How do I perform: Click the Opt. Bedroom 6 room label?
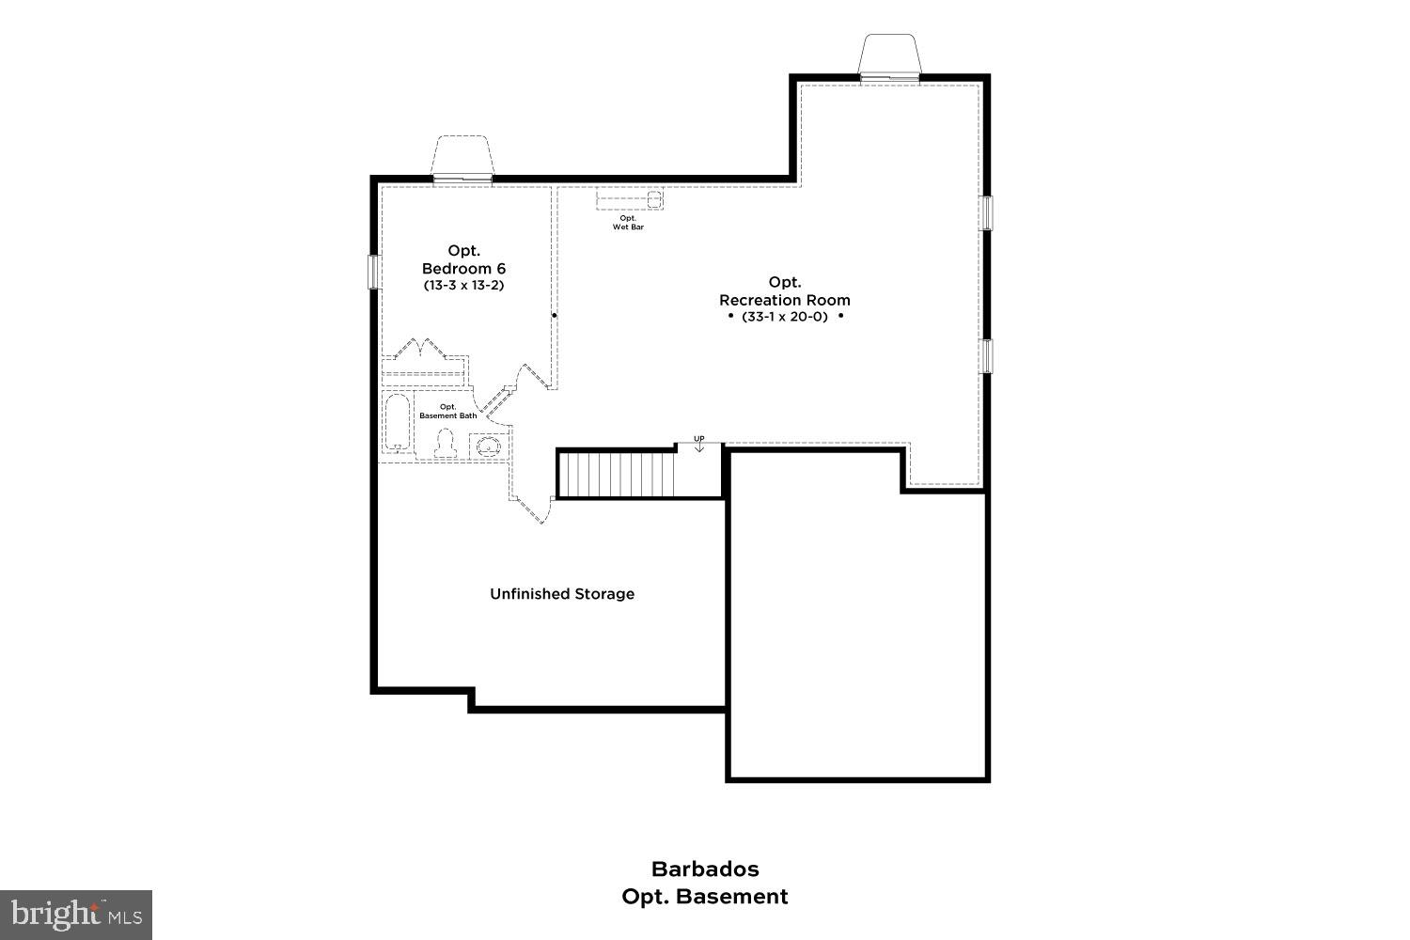click(463, 259)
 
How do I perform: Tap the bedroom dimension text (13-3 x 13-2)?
click(463, 285)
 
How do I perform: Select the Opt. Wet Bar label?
click(628, 223)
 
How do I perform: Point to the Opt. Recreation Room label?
click(785, 291)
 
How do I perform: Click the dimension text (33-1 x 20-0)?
click(785, 317)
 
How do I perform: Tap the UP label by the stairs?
click(699, 439)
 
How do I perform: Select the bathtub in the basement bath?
click(398, 424)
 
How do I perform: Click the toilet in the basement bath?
click(445, 444)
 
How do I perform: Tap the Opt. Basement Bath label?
click(448, 411)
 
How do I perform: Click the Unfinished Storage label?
click(562, 594)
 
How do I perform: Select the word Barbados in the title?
click(705, 869)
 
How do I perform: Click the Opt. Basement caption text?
click(705, 897)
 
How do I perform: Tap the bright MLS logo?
click(75, 914)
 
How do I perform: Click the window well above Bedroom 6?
click(462, 157)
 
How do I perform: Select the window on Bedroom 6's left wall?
click(373, 272)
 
